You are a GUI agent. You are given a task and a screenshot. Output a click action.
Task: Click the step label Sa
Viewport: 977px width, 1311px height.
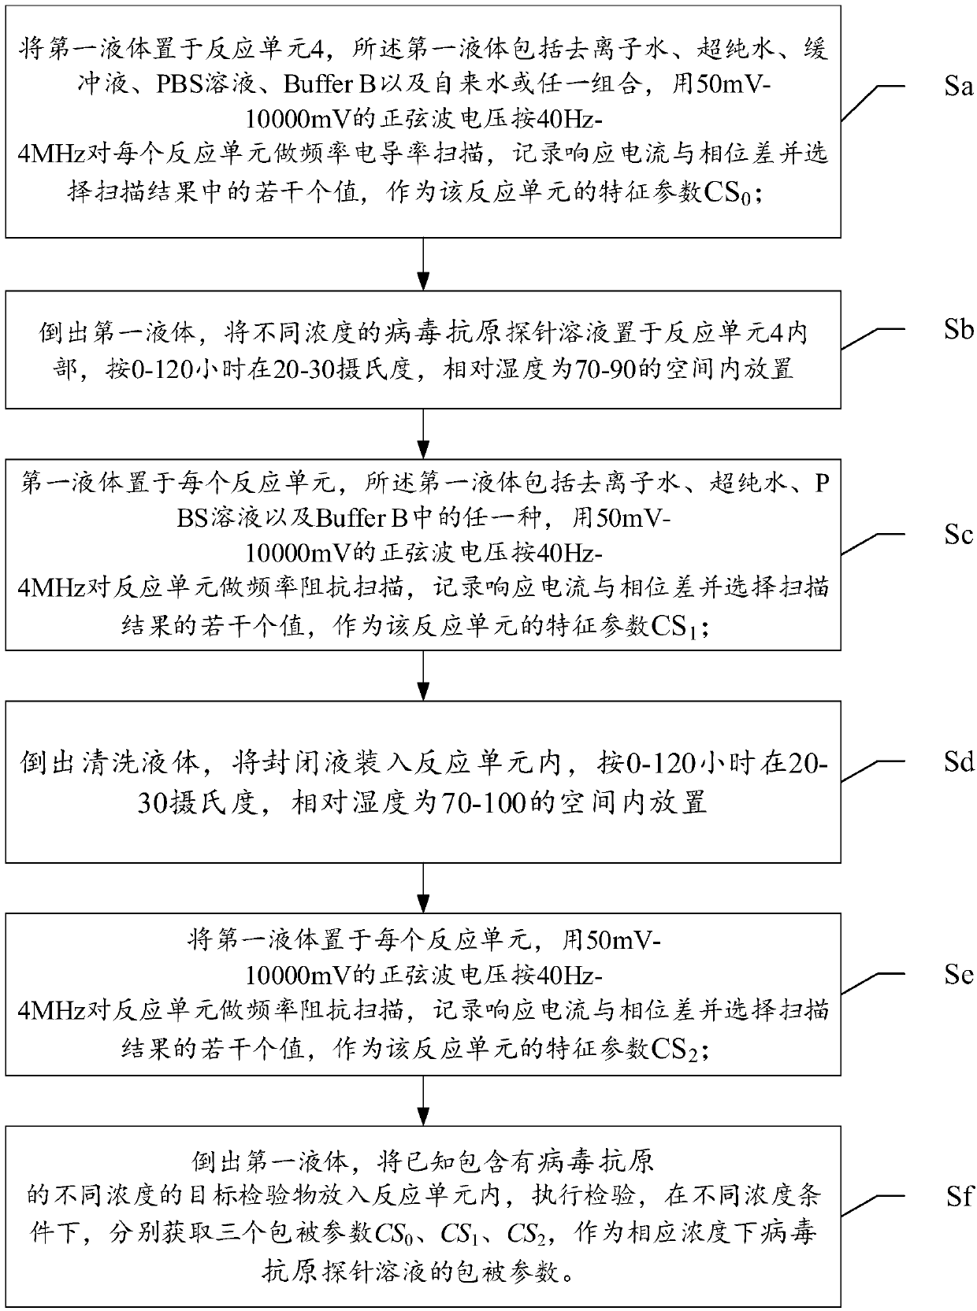(x=957, y=86)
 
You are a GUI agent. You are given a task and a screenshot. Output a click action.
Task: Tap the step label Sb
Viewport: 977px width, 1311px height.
(x=958, y=329)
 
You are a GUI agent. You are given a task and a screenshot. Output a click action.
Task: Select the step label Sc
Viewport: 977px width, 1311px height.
(x=957, y=535)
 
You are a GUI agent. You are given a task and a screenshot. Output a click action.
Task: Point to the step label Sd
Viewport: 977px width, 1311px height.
(x=958, y=762)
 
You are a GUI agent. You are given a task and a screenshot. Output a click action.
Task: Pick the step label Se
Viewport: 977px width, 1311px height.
(x=957, y=975)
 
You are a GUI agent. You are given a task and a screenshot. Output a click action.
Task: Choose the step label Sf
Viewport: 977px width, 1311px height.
(x=957, y=1197)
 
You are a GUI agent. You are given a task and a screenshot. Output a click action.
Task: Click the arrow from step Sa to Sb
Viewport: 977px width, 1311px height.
(x=424, y=265)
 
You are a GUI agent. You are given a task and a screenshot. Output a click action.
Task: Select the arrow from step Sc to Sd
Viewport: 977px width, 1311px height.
(x=424, y=676)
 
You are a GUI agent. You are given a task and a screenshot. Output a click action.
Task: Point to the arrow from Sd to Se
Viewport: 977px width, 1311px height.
(x=424, y=887)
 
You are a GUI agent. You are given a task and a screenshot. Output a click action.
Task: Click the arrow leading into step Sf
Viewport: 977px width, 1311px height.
(x=424, y=1101)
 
